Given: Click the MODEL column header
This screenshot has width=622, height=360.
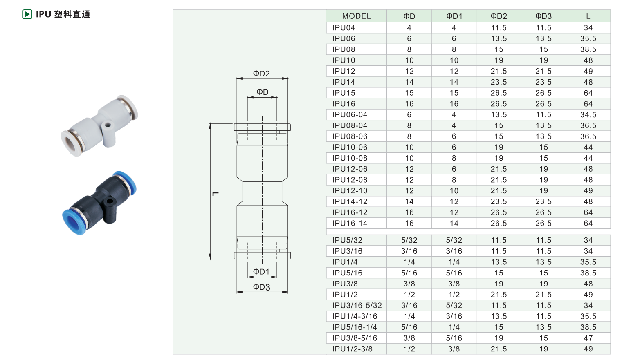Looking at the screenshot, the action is coord(356,16).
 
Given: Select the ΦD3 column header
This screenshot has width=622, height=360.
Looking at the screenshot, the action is coord(543,16).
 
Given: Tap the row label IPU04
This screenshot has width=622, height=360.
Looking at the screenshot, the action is coord(344,28).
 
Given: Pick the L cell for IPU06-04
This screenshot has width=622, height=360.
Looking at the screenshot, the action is coord(588,115).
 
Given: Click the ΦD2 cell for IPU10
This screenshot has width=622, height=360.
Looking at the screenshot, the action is coord(499,60).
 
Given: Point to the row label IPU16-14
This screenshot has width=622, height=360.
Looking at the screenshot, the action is coord(350,223).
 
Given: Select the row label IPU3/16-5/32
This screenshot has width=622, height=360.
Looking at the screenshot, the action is coord(357,305).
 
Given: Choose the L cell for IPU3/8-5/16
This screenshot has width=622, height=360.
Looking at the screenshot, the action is coord(588,338).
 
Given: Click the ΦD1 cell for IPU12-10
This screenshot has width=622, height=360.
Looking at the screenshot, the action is coord(454,191).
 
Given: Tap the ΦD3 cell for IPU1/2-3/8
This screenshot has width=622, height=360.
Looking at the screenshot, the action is coord(543,349).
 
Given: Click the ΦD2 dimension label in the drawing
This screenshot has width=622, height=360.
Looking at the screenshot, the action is coord(261,74).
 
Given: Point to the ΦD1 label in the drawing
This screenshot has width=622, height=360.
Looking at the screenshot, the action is coord(261,271).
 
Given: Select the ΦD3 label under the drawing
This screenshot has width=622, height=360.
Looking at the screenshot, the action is coord(261,287).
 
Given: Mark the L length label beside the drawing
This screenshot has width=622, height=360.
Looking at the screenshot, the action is coord(216,194).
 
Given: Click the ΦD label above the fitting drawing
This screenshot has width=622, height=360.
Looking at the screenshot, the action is coord(262,92).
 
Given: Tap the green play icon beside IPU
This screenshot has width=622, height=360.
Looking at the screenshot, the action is coord(27,14).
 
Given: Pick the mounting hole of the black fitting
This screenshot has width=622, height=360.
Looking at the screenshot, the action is coord(110,201).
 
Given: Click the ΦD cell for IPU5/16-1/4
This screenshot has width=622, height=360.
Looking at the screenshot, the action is coord(409,327).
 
